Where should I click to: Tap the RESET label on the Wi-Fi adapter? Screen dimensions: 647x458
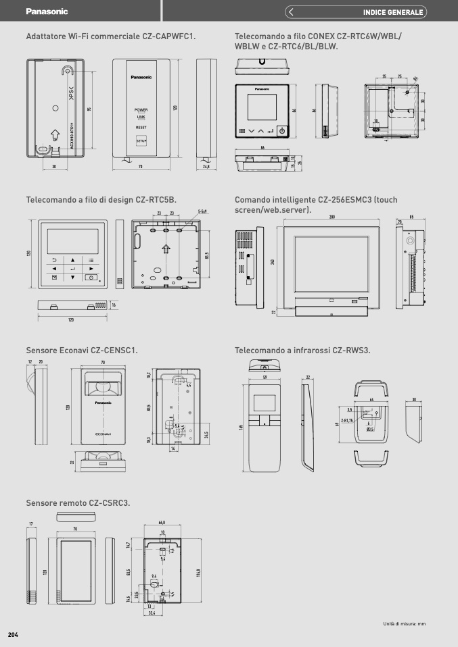pos(141,127)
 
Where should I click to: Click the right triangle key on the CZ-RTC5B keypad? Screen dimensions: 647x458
pos(90,268)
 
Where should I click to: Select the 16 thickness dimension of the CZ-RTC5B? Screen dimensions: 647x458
pos(114,305)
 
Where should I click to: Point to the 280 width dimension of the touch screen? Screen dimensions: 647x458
pos(332,217)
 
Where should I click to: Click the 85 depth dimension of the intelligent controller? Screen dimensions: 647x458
pos(411,217)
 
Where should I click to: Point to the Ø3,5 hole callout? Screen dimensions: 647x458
pos(370,429)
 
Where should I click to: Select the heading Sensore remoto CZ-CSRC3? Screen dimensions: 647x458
pos(78,502)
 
